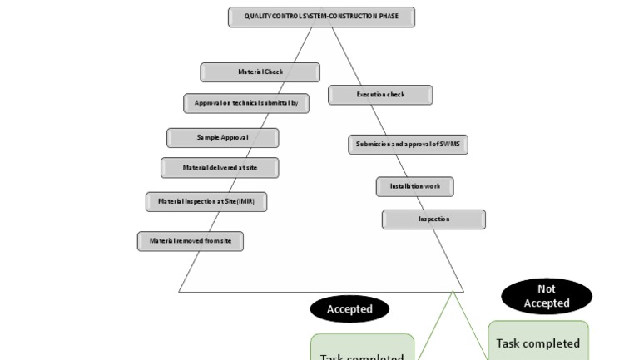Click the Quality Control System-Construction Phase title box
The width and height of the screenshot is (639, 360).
pos(321,17)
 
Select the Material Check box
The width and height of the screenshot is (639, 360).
pos(260,72)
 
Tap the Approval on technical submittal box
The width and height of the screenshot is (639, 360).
pos(245,103)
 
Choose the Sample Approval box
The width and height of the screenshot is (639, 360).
pos(222,137)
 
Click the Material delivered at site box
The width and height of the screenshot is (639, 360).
pos(220,167)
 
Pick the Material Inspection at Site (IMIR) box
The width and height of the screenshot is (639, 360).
pos(206,201)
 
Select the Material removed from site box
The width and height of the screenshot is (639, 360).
pos(190,241)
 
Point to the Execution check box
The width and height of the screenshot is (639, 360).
pos(380,95)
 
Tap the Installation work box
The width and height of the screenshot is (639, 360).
pos(414,186)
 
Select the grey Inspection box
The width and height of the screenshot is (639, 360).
pos(433,219)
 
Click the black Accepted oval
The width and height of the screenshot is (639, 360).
pos(349,309)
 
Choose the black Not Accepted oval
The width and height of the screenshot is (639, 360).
pos(547,296)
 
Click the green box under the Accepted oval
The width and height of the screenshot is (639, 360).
pos(362,349)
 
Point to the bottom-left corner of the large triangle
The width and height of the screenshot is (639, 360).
pos(180,291)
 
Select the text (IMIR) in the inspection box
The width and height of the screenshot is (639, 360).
pos(245,201)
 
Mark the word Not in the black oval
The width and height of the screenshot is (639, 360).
pos(547,289)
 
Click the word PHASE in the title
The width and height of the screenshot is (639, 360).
pos(388,17)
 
